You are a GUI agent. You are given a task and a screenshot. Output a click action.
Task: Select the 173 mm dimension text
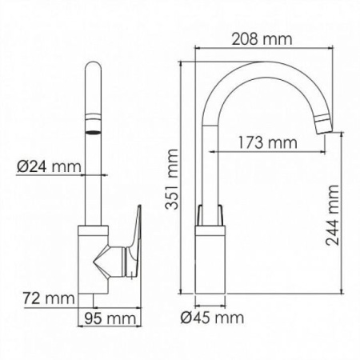coord(263,142)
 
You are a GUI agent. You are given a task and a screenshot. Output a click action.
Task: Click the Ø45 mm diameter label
coord(212,318)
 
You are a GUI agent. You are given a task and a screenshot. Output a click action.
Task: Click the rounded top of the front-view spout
coord(93,74)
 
